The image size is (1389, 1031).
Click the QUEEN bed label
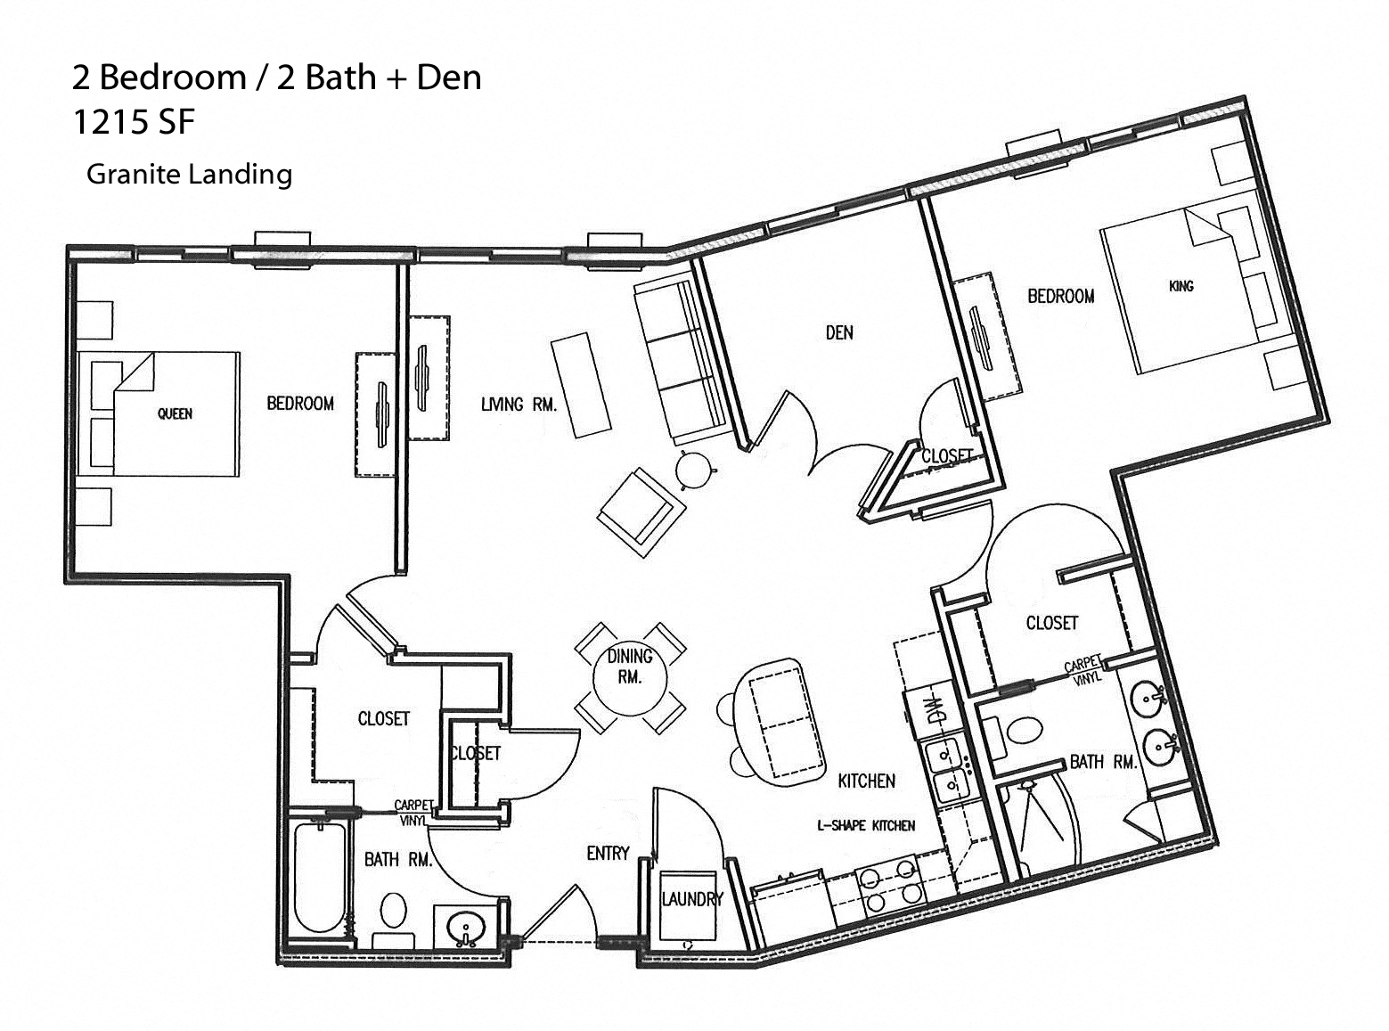point(175,413)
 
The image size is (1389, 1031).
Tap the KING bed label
point(1181,286)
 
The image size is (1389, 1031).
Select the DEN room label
point(838,333)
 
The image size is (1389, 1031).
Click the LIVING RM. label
point(519,405)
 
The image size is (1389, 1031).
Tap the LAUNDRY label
point(691,899)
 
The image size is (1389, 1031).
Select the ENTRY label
point(608,854)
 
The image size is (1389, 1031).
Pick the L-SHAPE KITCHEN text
point(866,825)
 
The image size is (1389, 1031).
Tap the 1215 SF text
point(133,122)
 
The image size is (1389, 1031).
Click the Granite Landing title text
point(189,173)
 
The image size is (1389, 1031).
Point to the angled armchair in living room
point(641,512)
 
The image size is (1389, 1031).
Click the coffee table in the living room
point(581,385)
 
